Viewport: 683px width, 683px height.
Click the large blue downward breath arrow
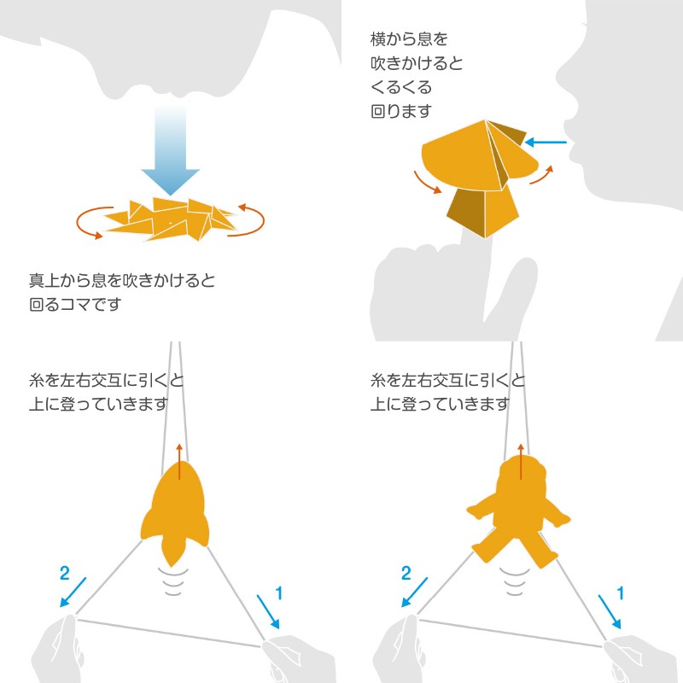click(170, 150)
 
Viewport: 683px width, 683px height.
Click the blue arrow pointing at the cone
click(546, 142)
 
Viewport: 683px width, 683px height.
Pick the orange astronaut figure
click(518, 511)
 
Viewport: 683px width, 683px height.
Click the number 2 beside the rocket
click(65, 573)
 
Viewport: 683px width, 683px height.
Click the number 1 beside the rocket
click(279, 593)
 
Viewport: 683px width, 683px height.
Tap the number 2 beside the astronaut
click(406, 573)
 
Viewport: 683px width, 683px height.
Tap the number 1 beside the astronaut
click(621, 593)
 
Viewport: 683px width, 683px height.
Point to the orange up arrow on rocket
click(179, 462)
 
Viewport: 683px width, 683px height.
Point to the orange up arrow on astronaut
click(521, 462)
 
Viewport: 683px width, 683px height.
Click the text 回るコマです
click(75, 304)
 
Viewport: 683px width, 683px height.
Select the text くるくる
click(400, 87)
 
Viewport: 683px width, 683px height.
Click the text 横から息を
click(409, 39)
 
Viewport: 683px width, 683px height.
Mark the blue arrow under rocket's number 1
click(268, 611)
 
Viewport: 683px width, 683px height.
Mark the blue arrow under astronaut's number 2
click(414, 593)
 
